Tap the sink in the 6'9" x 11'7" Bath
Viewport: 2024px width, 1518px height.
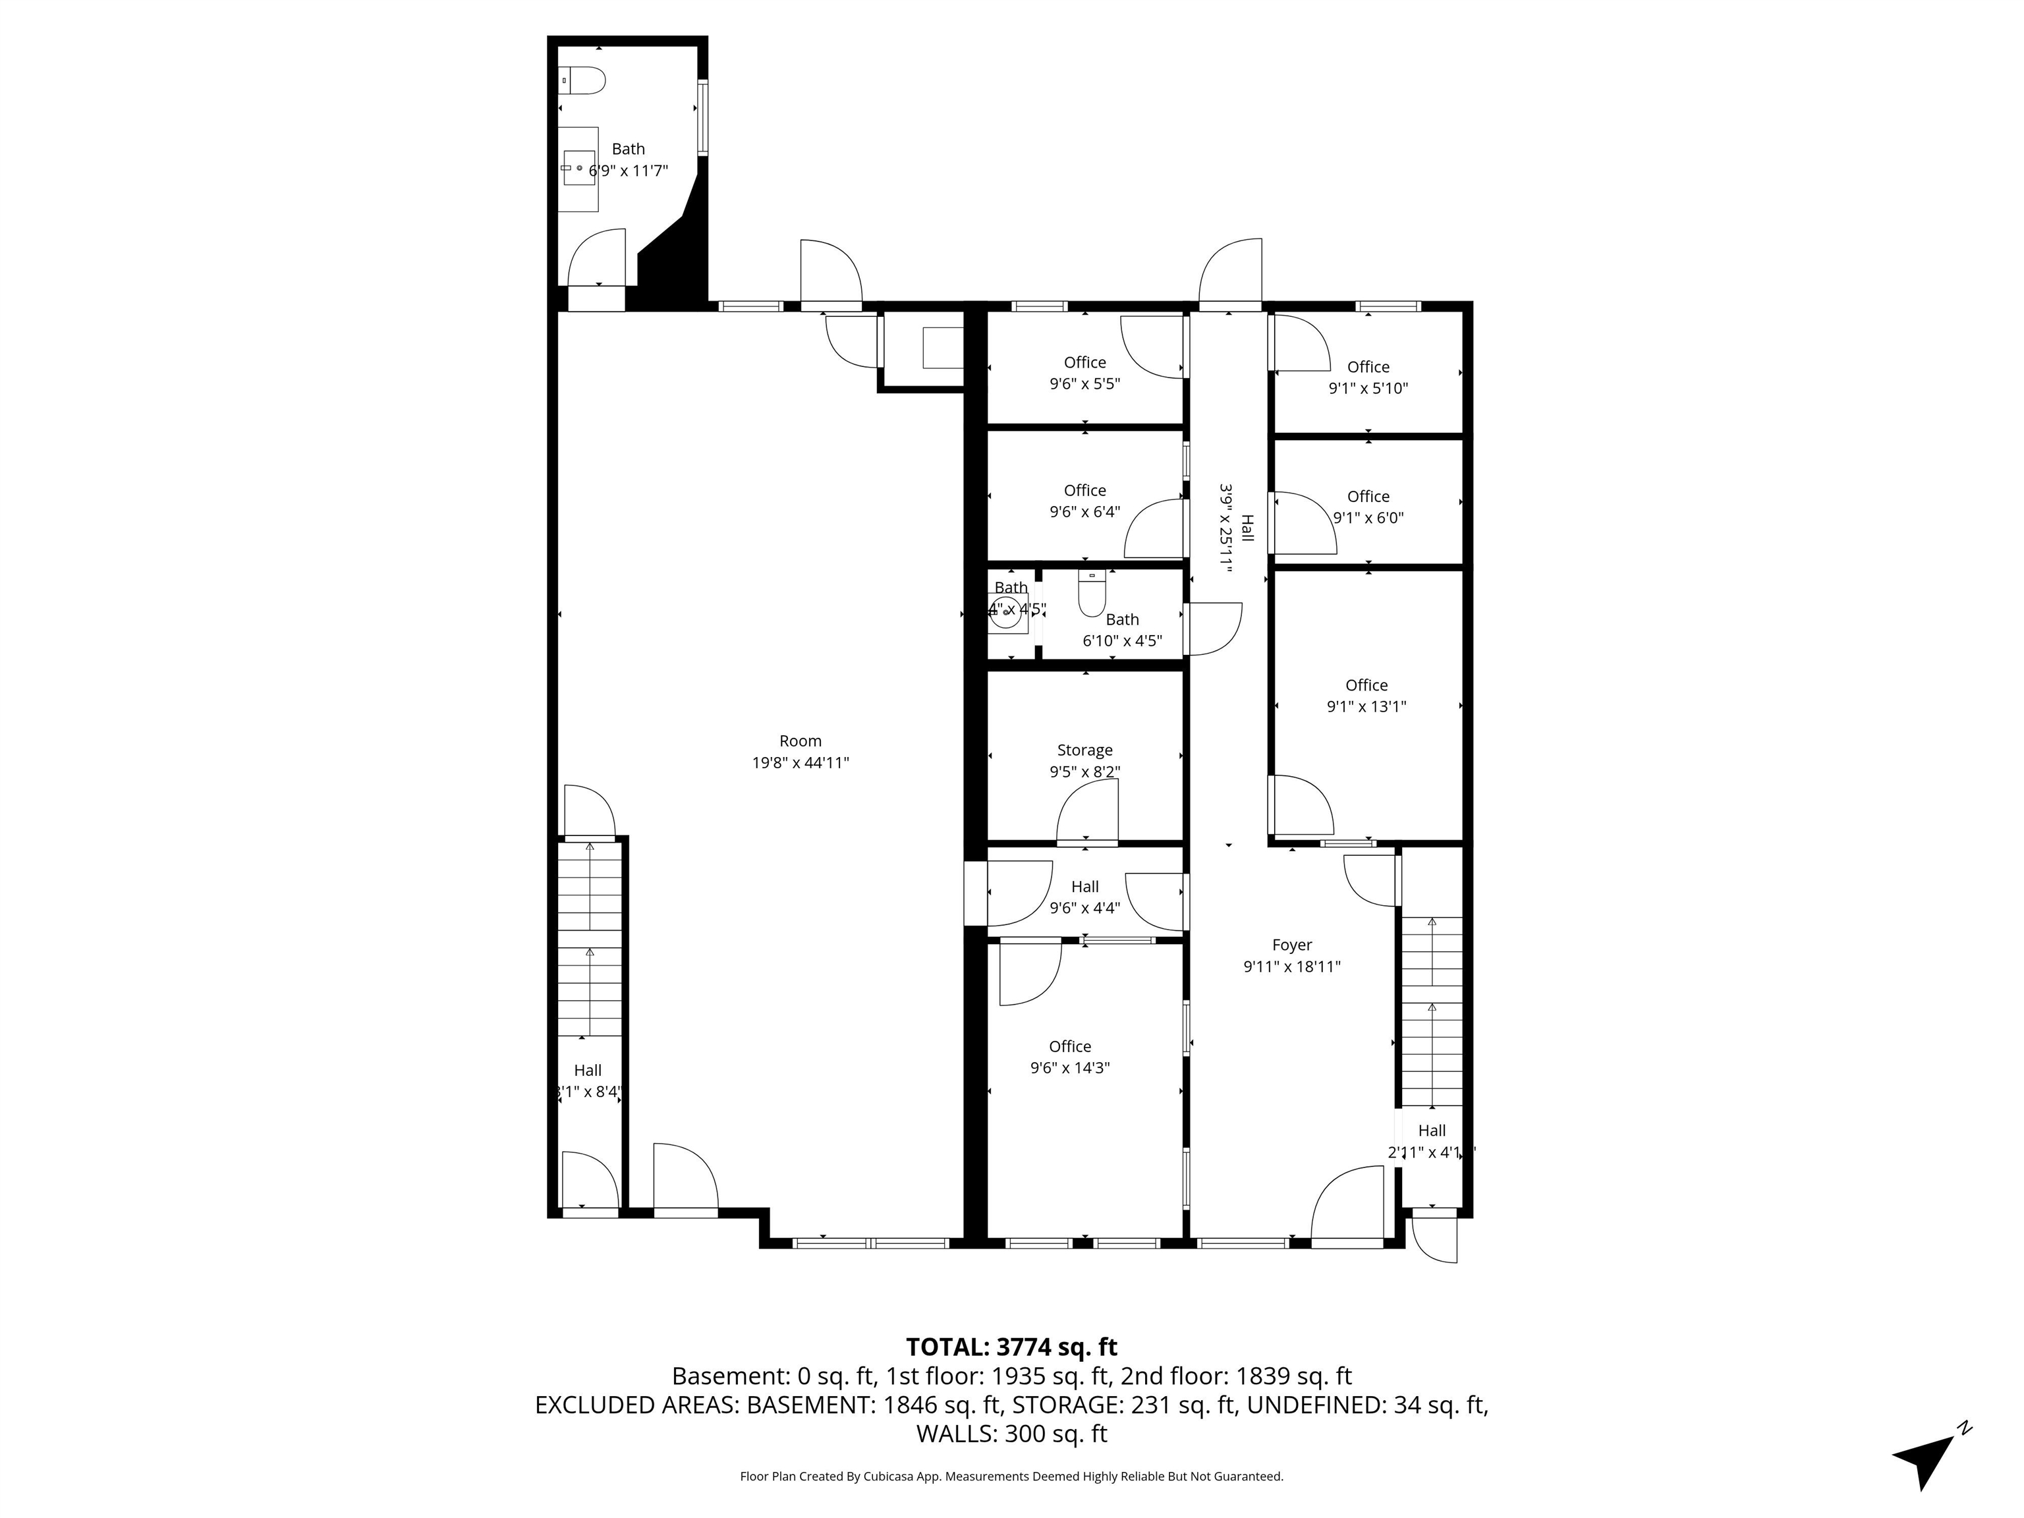pos(578,169)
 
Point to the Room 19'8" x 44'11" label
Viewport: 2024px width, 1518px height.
pos(800,751)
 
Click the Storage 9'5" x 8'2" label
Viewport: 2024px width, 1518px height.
pos(1084,760)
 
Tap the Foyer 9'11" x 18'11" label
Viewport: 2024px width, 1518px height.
pos(1291,955)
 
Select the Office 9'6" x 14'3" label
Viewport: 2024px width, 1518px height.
pos(1069,1057)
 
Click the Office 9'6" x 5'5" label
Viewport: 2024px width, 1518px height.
pos(1084,372)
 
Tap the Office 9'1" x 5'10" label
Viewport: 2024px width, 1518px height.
pos(1368,377)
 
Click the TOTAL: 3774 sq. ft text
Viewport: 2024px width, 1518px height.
pos(1011,1347)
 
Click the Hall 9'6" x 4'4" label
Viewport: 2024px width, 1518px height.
pos(1084,897)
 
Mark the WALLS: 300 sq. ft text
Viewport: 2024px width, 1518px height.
pos(1011,1434)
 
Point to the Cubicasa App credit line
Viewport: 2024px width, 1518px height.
pos(1011,1476)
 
